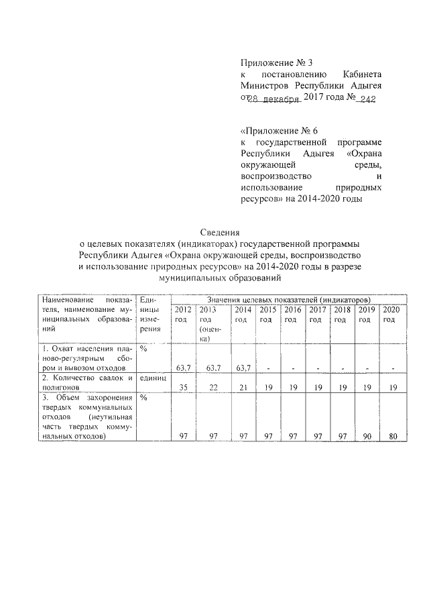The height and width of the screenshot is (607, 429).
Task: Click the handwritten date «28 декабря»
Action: click(274, 99)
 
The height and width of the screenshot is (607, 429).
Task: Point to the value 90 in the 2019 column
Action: click(365, 436)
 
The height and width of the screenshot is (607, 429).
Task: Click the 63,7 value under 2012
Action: click(183, 368)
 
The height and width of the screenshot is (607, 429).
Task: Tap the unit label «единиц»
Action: click(153, 378)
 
